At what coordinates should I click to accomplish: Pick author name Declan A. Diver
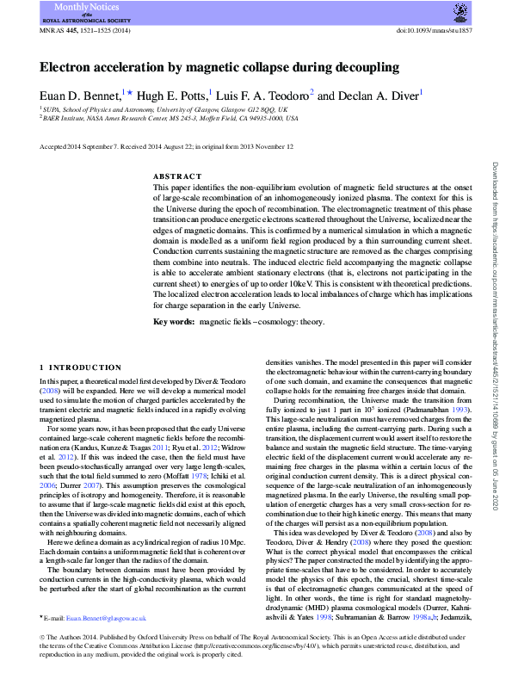pyautogui.click(x=375, y=95)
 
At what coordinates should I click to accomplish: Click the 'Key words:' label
pyautogui.click(x=174, y=321)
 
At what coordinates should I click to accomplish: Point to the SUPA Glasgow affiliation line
pyautogui.click(x=164, y=110)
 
